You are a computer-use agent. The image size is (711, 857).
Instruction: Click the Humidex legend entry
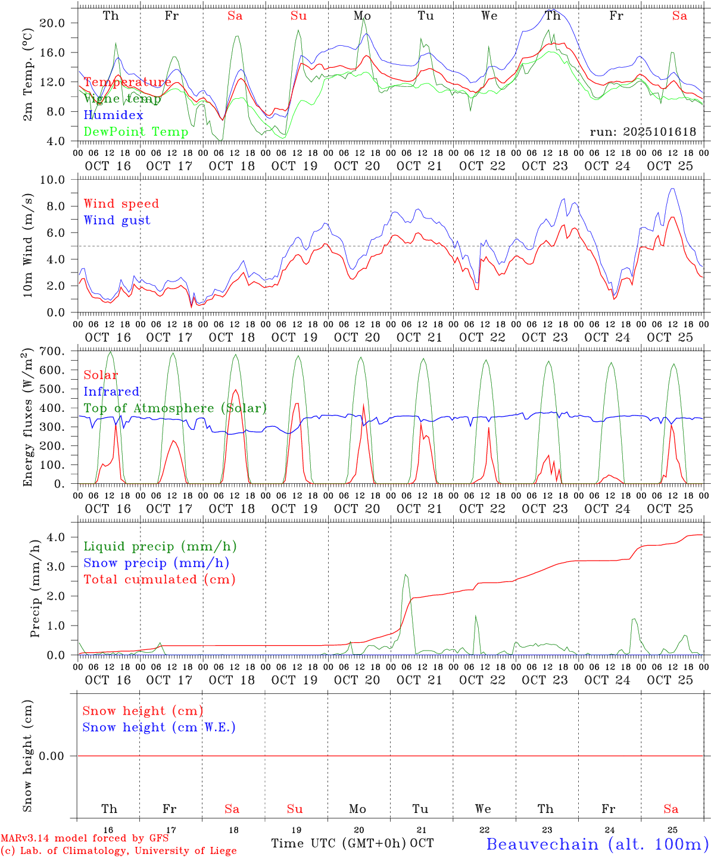point(113,115)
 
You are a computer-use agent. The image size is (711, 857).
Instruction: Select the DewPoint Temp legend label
point(136,132)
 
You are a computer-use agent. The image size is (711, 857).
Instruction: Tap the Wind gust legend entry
point(117,220)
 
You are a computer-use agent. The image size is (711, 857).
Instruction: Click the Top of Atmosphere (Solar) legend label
point(175,408)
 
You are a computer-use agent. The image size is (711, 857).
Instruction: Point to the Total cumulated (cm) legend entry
point(159,580)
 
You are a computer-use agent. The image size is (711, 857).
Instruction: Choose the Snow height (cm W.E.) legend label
point(159,727)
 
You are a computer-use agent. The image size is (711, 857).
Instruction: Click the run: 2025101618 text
point(643,132)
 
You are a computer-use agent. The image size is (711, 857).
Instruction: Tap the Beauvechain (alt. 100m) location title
point(597,844)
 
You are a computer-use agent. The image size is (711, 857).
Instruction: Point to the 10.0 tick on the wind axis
point(53,180)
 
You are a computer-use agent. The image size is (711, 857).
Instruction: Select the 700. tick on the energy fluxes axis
point(52,351)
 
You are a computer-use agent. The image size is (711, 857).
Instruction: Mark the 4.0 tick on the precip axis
point(56,537)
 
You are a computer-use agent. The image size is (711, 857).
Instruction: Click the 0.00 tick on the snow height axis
point(51,756)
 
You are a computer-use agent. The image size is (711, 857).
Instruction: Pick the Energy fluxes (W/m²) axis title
point(28,418)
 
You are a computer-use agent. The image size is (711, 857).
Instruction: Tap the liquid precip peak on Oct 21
point(406,575)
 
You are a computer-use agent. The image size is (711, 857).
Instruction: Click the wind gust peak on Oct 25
point(672,189)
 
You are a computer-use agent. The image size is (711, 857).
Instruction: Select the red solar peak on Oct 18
point(235,390)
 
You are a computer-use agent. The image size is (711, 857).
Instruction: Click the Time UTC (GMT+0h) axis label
point(338,843)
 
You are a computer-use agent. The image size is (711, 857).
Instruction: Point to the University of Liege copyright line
point(118,850)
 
